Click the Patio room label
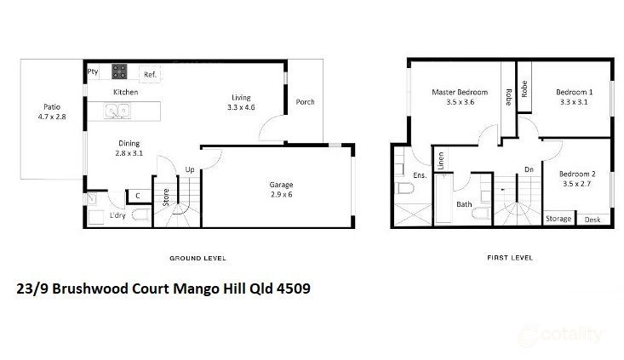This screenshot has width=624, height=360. pyautogui.click(x=53, y=108)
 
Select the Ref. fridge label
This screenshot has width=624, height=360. pyautogui.click(x=151, y=75)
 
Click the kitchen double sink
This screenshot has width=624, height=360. pyautogui.click(x=117, y=110)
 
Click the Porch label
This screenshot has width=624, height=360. pyautogui.click(x=305, y=102)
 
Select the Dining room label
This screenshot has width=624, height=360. pyautogui.click(x=129, y=143)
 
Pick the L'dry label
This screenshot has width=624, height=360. pyautogui.click(x=118, y=216)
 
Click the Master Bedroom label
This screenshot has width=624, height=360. pyautogui.click(x=460, y=92)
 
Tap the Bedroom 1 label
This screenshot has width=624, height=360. pyautogui.click(x=575, y=92)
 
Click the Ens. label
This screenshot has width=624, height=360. pyautogui.click(x=419, y=174)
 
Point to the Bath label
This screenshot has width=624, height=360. pyautogui.click(x=464, y=204)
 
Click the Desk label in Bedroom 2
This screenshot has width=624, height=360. pyautogui.click(x=593, y=220)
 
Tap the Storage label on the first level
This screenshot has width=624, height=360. pyautogui.click(x=558, y=220)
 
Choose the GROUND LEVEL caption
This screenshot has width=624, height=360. pyautogui.click(x=198, y=257)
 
